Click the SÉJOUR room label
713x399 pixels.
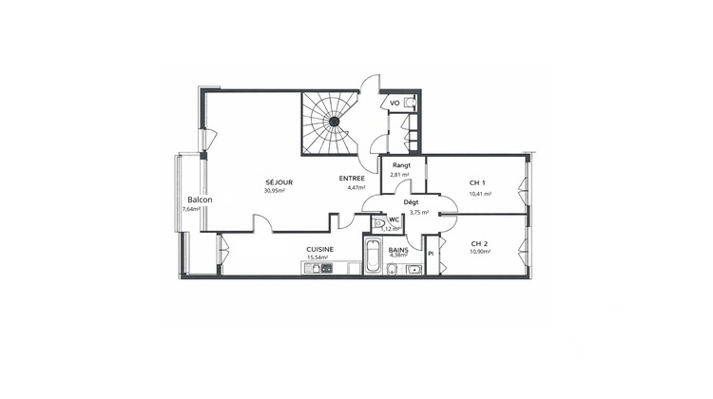click(x=279, y=181)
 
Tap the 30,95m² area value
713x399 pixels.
click(x=275, y=190)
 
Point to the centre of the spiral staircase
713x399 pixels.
click(x=336, y=122)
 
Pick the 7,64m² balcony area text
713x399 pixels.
click(x=191, y=209)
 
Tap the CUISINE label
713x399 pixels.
click(x=319, y=249)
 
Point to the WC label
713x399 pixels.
click(x=394, y=220)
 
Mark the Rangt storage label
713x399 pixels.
click(x=399, y=166)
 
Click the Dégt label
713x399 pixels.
click(x=412, y=203)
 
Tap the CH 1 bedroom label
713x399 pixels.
click(x=478, y=182)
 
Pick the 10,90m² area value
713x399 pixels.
click(x=480, y=251)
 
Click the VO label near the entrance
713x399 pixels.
click(x=395, y=103)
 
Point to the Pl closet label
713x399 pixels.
click(x=431, y=254)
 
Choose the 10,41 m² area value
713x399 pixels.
click(x=480, y=194)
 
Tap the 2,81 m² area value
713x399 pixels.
click(x=399, y=175)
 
